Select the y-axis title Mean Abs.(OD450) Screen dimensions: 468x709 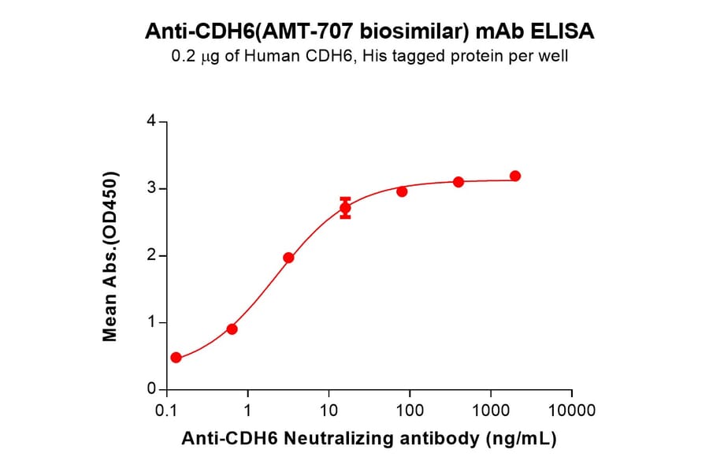[x=110, y=256]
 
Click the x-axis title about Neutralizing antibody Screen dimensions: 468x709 [x=369, y=439]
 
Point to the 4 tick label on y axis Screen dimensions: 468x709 [x=151, y=121]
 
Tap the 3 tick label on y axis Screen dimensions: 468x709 [x=151, y=189]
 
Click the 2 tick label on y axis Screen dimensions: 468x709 [x=151, y=256]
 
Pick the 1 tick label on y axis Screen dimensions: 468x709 [x=151, y=323]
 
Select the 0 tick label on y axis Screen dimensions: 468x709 [x=151, y=390]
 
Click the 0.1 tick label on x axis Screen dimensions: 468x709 [x=166, y=410]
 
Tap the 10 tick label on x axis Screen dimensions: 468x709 [x=329, y=410]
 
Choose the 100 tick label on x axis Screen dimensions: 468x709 [x=410, y=410]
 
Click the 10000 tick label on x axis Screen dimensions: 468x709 [x=572, y=410]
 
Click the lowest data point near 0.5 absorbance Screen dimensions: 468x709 [x=176, y=358]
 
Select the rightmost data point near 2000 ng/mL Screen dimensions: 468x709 [x=515, y=176]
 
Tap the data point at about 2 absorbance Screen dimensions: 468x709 [x=288, y=258]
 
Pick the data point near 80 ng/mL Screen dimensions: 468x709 [x=402, y=191]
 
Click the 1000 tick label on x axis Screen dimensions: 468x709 [x=491, y=410]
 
